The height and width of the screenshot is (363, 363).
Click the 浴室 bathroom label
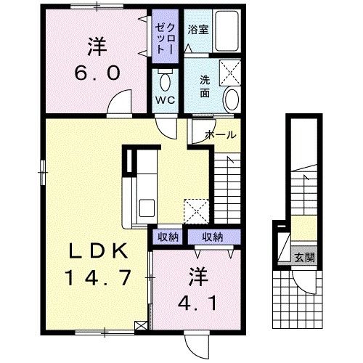198,30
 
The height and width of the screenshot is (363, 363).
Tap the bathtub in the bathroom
227,30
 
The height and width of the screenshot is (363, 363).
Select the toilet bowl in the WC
166,81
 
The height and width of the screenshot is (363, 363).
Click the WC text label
166,99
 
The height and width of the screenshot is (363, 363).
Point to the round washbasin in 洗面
232,99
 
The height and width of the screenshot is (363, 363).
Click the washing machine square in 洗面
230,73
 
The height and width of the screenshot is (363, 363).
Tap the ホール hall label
221,134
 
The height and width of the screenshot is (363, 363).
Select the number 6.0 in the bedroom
97,73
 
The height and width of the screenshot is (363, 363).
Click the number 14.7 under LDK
98,278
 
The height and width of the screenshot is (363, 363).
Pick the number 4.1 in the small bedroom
197,303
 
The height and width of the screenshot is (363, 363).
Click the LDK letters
98,251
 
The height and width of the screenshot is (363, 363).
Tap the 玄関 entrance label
305,258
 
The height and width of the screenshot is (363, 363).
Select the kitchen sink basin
147,208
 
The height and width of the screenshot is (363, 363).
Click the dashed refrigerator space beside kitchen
196,211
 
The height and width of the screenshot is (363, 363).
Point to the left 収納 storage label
168,237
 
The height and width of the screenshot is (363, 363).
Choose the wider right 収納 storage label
213,237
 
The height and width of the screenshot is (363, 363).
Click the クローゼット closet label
165,38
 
